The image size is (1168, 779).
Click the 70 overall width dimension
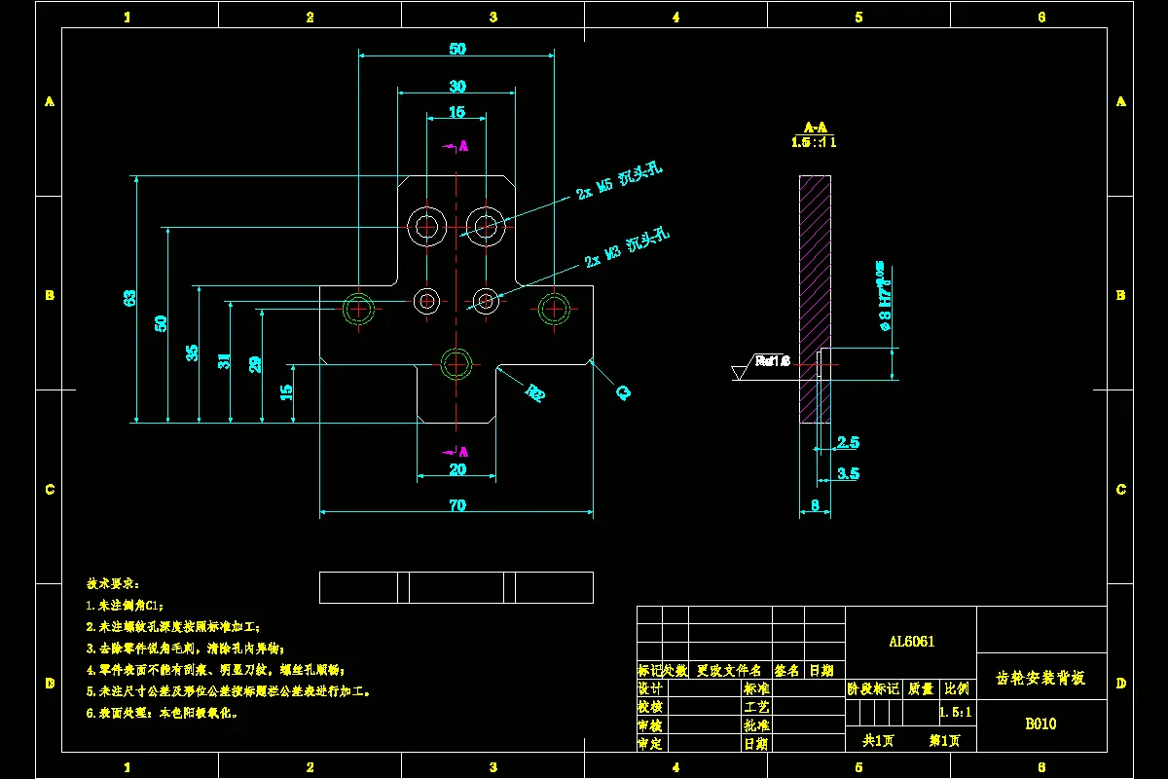[x=456, y=504]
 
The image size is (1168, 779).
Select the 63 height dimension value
[x=130, y=298]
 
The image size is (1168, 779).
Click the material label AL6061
[x=911, y=642]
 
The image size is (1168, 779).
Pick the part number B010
[x=1040, y=723]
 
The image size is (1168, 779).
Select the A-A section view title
[x=815, y=128]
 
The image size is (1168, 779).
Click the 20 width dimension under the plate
[x=456, y=469]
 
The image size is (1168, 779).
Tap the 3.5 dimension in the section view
[x=848, y=473]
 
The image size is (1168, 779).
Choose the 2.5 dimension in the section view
[x=848, y=442]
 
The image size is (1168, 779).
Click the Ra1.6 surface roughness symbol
[x=771, y=361]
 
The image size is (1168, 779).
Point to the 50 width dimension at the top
[x=456, y=49]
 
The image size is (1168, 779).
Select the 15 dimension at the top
[x=456, y=113]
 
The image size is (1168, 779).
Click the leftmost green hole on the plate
[x=359, y=309]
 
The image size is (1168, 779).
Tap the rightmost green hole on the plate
[x=554, y=309]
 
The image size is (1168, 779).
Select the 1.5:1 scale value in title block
[x=957, y=713]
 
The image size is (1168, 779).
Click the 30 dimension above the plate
[x=456, y=87]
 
